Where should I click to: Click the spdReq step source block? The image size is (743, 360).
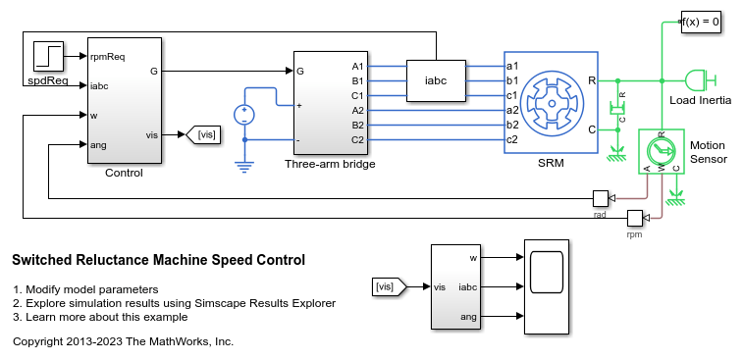48,56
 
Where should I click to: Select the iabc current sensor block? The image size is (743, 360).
436,80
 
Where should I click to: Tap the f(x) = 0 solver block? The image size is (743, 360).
701,22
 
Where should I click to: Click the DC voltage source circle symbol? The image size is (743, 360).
244,115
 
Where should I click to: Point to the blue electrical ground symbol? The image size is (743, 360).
244,167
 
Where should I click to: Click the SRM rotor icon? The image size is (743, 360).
552,103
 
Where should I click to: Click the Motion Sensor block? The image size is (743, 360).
662,151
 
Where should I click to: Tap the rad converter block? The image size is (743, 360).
601,198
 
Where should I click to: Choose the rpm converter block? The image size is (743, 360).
634,219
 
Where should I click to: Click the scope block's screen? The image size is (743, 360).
547,273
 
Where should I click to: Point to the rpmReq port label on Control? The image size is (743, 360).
108,56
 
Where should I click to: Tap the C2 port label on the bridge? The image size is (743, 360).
357,139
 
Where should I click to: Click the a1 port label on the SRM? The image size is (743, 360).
512,66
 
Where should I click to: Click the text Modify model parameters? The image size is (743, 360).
92,289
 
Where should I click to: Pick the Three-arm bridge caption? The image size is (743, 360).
330,164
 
